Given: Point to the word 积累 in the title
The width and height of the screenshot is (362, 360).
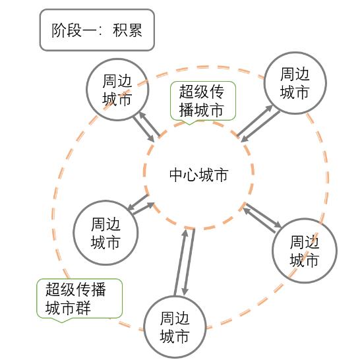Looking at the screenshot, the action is click(x=127, y=30).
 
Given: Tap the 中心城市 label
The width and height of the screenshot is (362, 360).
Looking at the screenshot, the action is click(x=198, y=175).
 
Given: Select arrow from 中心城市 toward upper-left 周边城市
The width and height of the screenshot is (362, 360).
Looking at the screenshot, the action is click(x=149, y=124).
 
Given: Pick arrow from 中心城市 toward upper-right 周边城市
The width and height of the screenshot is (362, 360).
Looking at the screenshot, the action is click(x=255, y=120).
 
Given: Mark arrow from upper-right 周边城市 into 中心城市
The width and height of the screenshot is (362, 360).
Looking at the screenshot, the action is click(x=260, y=127).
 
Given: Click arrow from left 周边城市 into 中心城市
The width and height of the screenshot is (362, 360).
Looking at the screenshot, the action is click(x=143, y=208).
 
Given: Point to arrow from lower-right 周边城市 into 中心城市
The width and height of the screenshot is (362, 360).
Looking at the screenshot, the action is click(x=260, y=220).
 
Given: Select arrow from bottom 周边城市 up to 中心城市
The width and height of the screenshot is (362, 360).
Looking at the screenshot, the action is click(x=181, y=262).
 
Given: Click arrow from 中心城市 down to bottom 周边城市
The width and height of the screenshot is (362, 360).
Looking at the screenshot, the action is click(x=189, y=262).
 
